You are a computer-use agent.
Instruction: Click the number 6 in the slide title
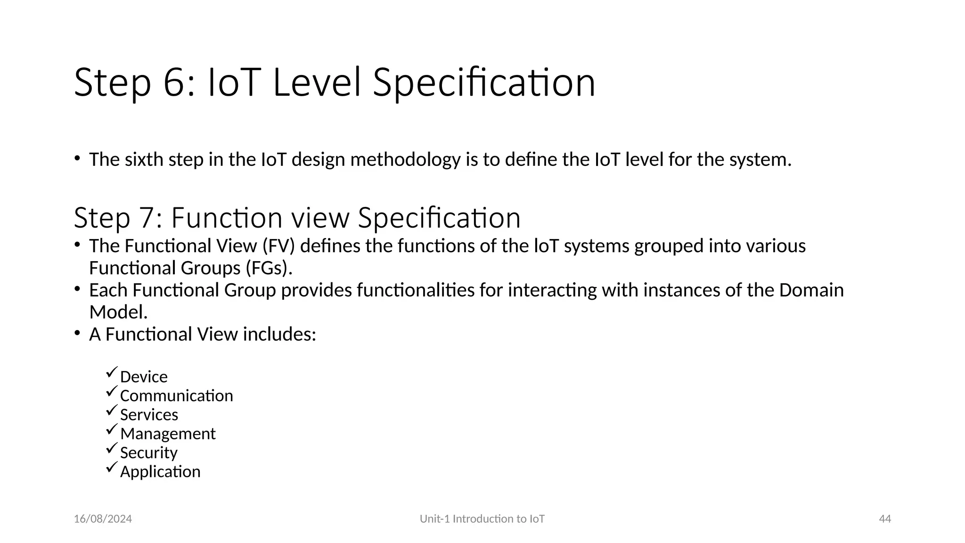coord(176,83)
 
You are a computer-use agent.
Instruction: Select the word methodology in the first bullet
coord(405,160)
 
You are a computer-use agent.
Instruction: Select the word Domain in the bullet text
coord(811,290)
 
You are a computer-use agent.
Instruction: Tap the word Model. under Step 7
coord(118,312)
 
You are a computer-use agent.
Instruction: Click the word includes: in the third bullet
coord(279,334)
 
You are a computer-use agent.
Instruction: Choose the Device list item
coord(144,377)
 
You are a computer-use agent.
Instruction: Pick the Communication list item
coord(176,396)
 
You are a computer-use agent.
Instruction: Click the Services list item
coord(149,415)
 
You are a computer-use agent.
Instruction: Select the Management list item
coord(168,434)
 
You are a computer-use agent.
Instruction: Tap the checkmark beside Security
coord(111,448)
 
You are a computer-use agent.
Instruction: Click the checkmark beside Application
coord(111,467)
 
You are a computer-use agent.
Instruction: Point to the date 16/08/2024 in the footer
coord(103,519)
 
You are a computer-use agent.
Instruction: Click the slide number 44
coord(885,519)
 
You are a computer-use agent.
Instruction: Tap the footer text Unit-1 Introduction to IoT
coord(482,519)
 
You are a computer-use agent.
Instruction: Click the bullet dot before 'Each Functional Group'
coord(77,288)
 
